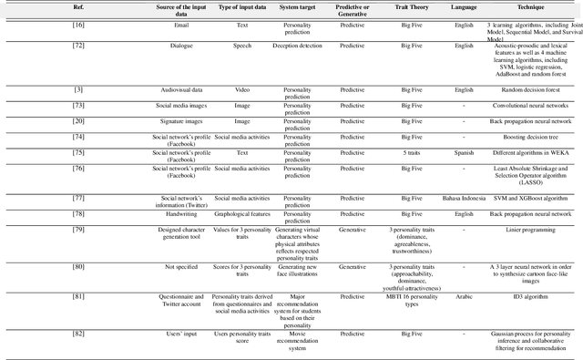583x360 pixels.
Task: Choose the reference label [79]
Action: tap(78, 230)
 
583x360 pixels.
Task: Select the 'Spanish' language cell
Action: tap(465, 152)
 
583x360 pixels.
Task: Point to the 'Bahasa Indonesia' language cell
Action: tap(465, 197)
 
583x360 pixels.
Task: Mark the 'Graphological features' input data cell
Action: tap(236, 212)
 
